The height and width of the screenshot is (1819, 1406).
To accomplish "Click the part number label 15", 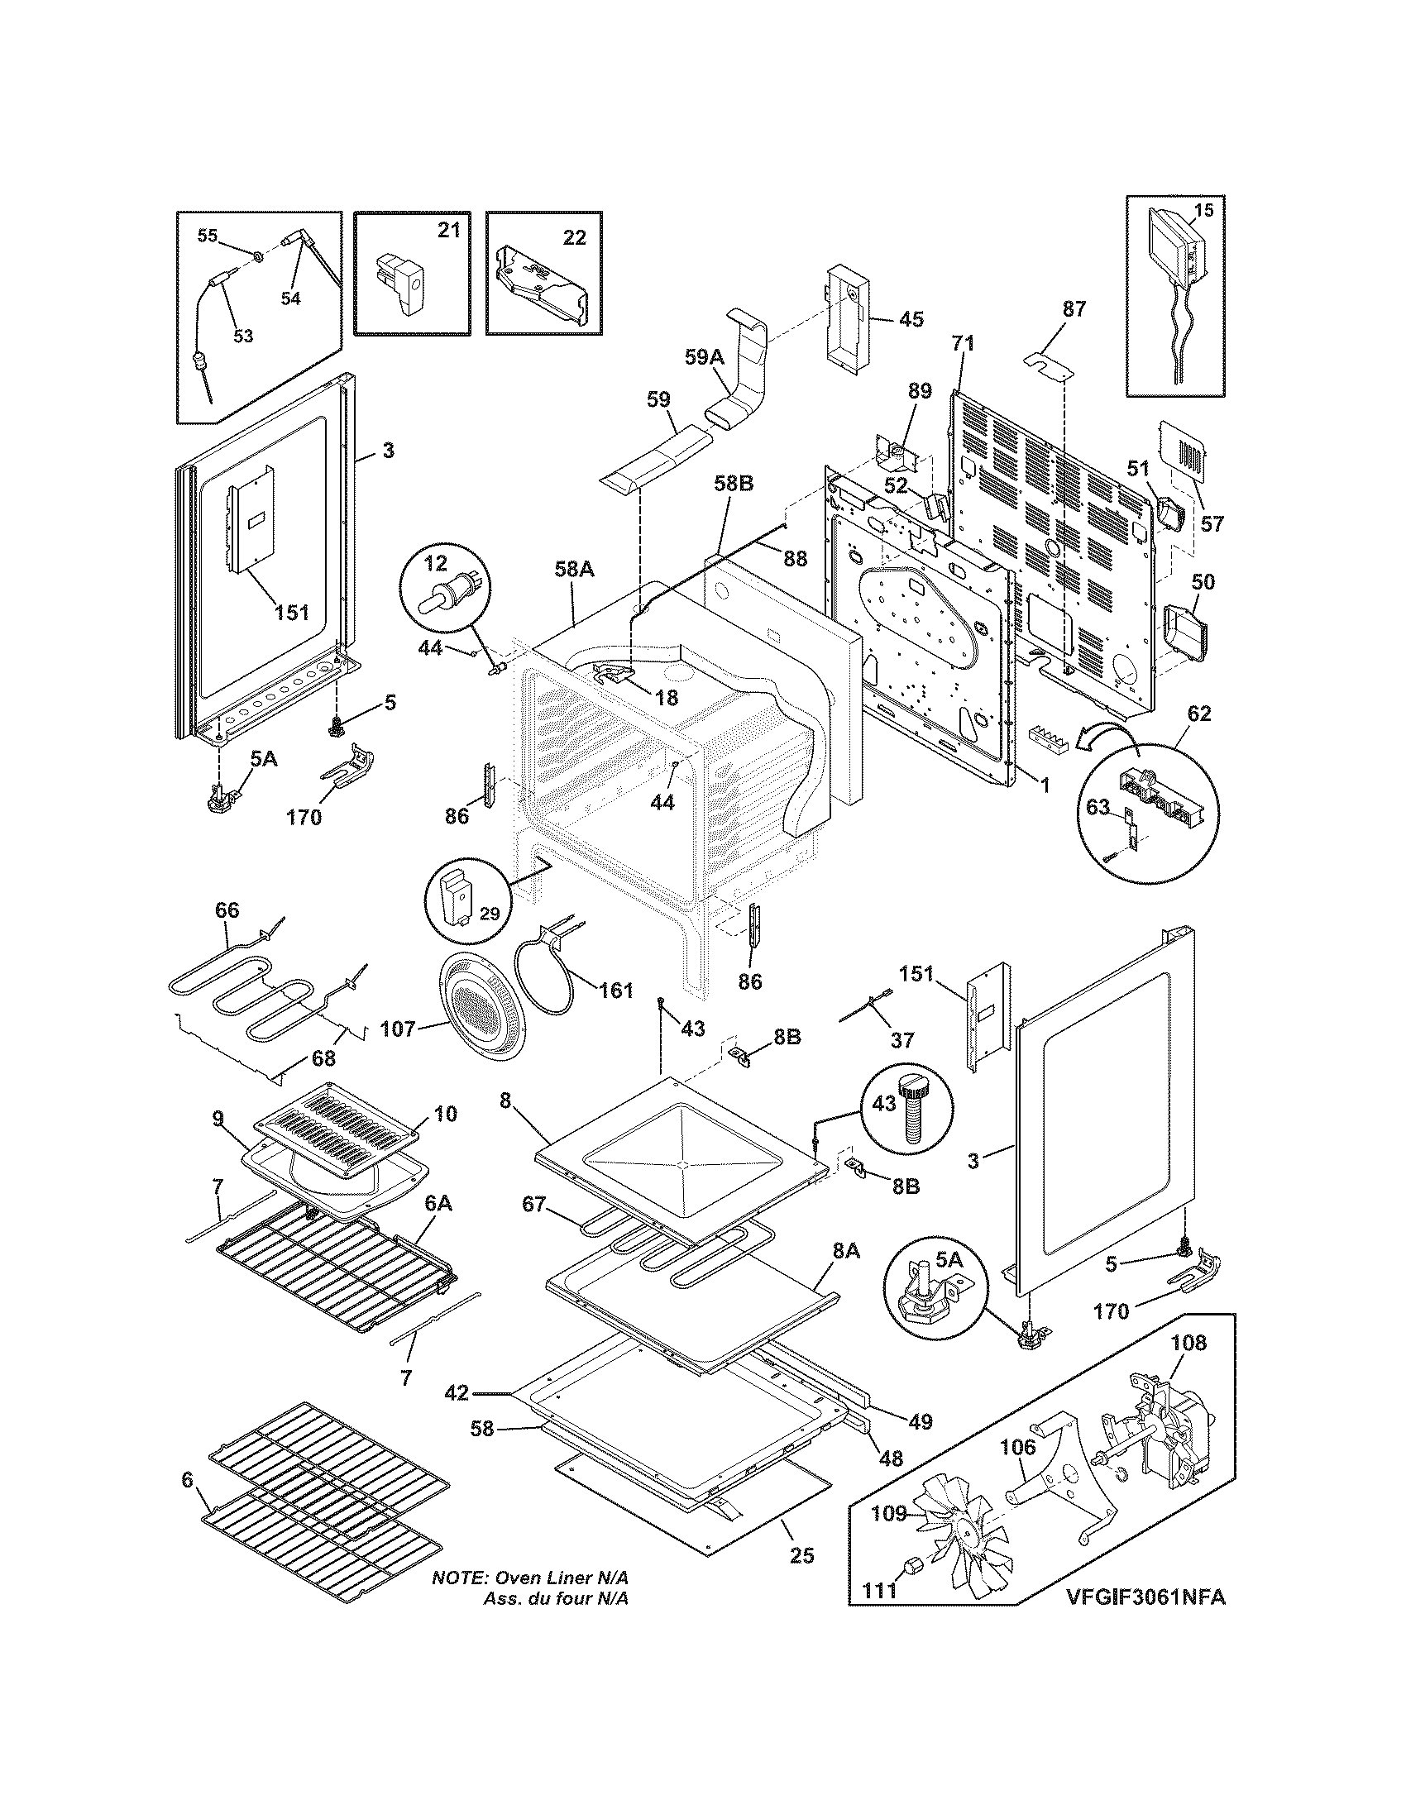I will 1203,211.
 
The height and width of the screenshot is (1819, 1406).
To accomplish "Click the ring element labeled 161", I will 548,973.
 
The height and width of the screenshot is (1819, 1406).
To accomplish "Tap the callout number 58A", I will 575,569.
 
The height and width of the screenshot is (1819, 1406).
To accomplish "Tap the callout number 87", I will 1074,308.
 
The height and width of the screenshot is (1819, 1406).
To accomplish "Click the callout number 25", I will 801,1555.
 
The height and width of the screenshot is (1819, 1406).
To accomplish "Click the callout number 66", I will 227,910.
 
